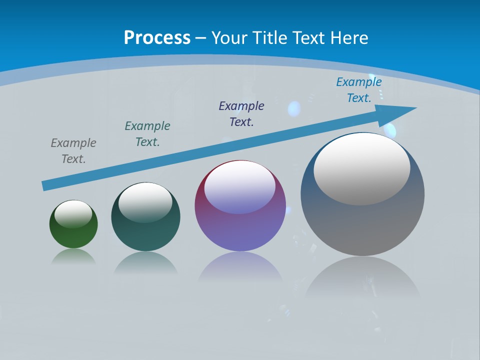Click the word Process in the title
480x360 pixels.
pos(157,38)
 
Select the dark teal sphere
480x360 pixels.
pos(145,230)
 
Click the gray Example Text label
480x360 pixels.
pos(73,151)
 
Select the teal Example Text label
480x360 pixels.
pos(147,134)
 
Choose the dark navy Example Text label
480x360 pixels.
pos(241,114)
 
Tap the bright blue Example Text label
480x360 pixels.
pos(358,90)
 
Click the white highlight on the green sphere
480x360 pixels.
pos(73,214)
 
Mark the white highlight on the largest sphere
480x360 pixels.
pos(361,169)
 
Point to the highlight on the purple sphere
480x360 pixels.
pos(239,187)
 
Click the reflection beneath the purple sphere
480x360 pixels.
pos(240,267)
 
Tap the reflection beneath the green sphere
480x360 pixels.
pos(73,257)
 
